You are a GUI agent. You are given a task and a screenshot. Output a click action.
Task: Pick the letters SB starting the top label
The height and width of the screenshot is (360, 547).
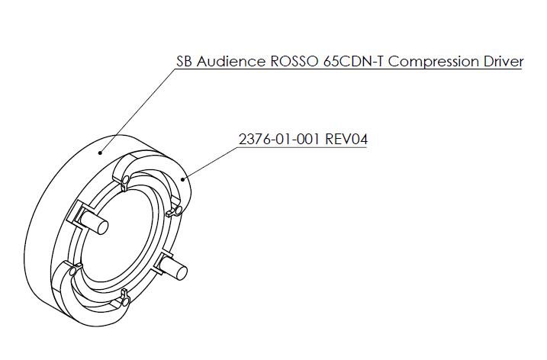tap(183, 62)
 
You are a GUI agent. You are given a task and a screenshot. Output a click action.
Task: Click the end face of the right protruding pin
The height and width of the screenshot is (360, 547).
tap(183, 269)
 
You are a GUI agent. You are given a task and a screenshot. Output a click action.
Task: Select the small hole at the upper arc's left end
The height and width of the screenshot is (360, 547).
tap(123, 180)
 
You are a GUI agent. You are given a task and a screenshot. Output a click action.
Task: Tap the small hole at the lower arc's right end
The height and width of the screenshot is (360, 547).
tap(125, 301)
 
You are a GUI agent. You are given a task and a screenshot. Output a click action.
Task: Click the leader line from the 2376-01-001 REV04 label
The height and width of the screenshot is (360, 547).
tap(210, 162)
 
